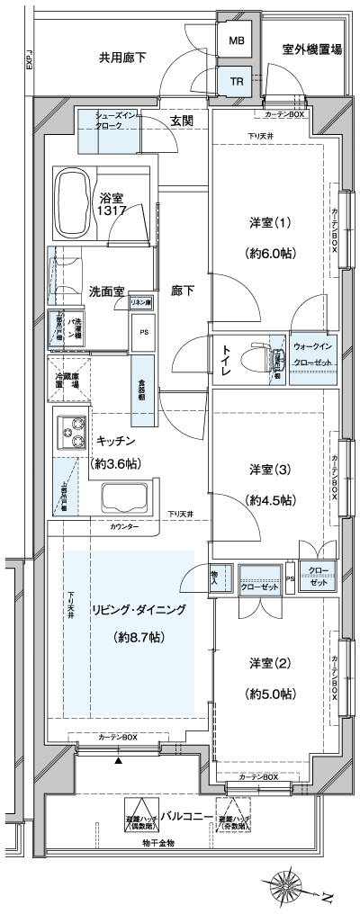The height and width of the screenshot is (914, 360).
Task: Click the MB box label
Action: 236,41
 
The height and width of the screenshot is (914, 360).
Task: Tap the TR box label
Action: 236,82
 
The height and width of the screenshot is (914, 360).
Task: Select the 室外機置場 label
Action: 311,50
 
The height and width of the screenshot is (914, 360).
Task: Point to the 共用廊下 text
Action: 123,58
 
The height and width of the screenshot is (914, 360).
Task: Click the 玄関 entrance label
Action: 182,121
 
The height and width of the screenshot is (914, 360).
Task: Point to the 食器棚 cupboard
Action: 142,390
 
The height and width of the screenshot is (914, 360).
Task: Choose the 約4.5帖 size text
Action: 270,500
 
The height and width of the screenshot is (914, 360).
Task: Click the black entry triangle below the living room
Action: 117,760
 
